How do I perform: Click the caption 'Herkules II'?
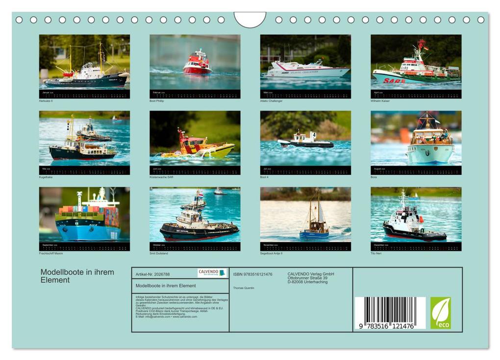pyautogui.click(x=46, y=101)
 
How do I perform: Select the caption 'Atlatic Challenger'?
pyautogui.click(x=271, y=101)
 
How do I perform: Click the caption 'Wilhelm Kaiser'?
pyautogui.click(x=380, y=101)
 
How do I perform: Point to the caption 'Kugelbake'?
pyautogui.click(x=46, y=177)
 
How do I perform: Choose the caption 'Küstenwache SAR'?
pyautogui.click(x=161, y=177)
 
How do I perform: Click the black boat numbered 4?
pyautogui.click(x=305, y=141)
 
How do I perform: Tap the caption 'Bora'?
pyautogui.click(x=374, y=177)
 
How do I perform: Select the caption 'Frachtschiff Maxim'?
pyautogui.click(x=51, y=254)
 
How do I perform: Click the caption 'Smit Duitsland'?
pyautogui.click(x=159, y=254)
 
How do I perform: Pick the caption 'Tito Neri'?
pyautogui.click(x=376, y=254)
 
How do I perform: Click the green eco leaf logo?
pyautogui.click(x=440, y=313)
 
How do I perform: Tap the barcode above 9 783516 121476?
pyautogui.click(x=390, y=309)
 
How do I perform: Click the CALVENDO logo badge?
pyautogui.click(x=212, y=273)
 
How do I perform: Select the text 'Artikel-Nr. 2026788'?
pyautogui.click(x=152, y=274)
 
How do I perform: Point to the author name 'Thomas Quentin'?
pyautogui.click(x=244, y=288)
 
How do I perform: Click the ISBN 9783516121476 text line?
pyautogui.click(x=252, y=274)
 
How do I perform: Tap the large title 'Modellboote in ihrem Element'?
pyautogui.click(x=77, y=276)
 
